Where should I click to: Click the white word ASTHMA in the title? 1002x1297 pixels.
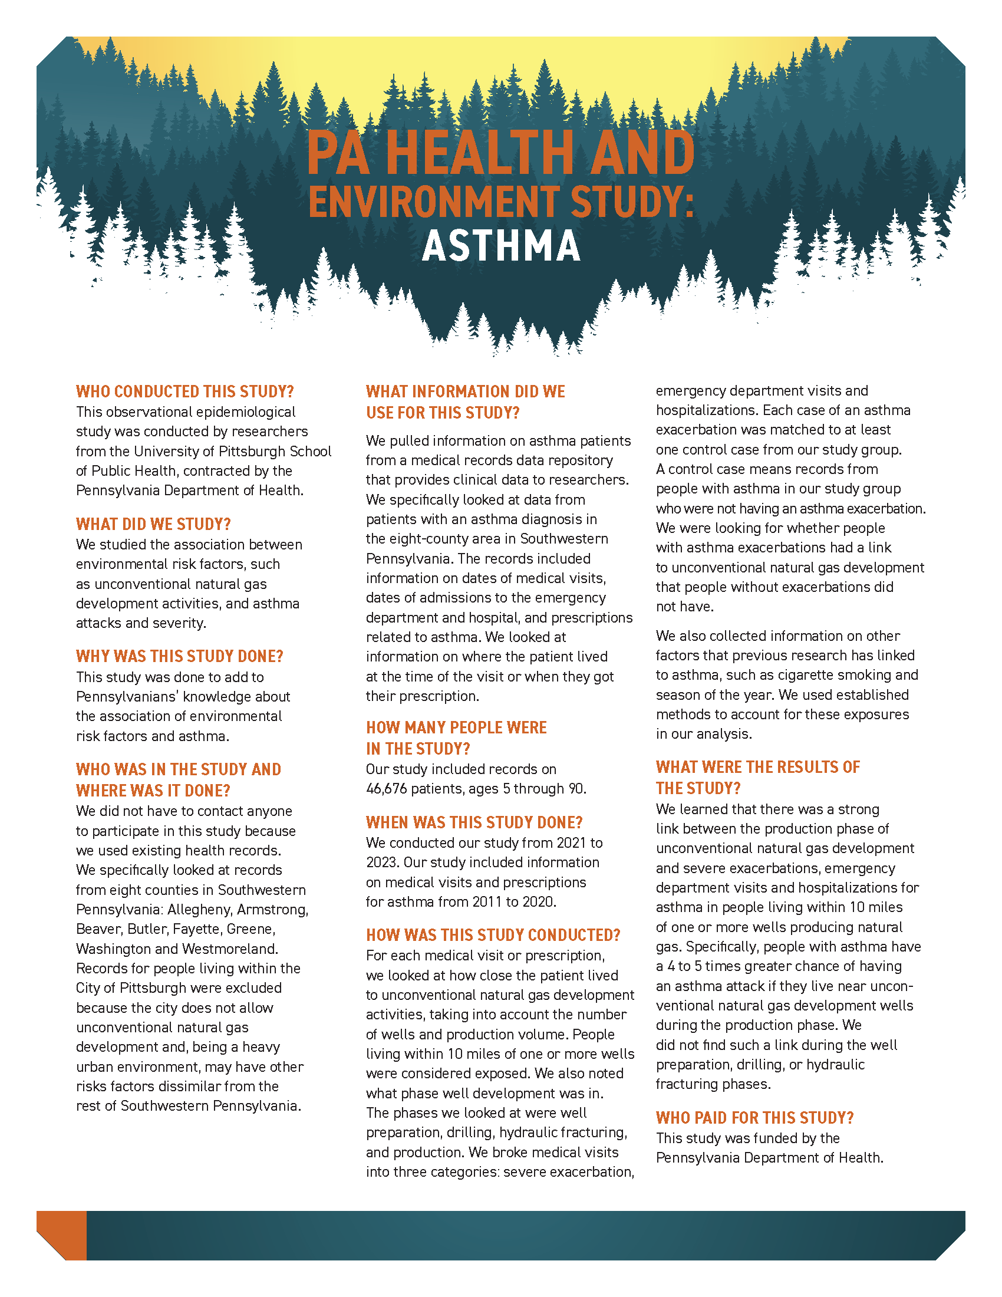click(x=501, y=246)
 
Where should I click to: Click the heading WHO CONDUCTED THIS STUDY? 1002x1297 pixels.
click(x=184, y=392)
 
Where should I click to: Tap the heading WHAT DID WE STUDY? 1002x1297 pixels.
click(x=153, y=524)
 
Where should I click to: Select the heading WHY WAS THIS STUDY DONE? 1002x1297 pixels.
click(x=179, y=656)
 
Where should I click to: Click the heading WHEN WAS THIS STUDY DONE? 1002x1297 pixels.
click(x=474, y=822)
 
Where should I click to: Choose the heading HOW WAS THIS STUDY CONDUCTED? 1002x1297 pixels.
click(x=493, y=936)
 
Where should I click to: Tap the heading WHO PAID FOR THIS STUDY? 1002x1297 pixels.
click(x=754, y=1118)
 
